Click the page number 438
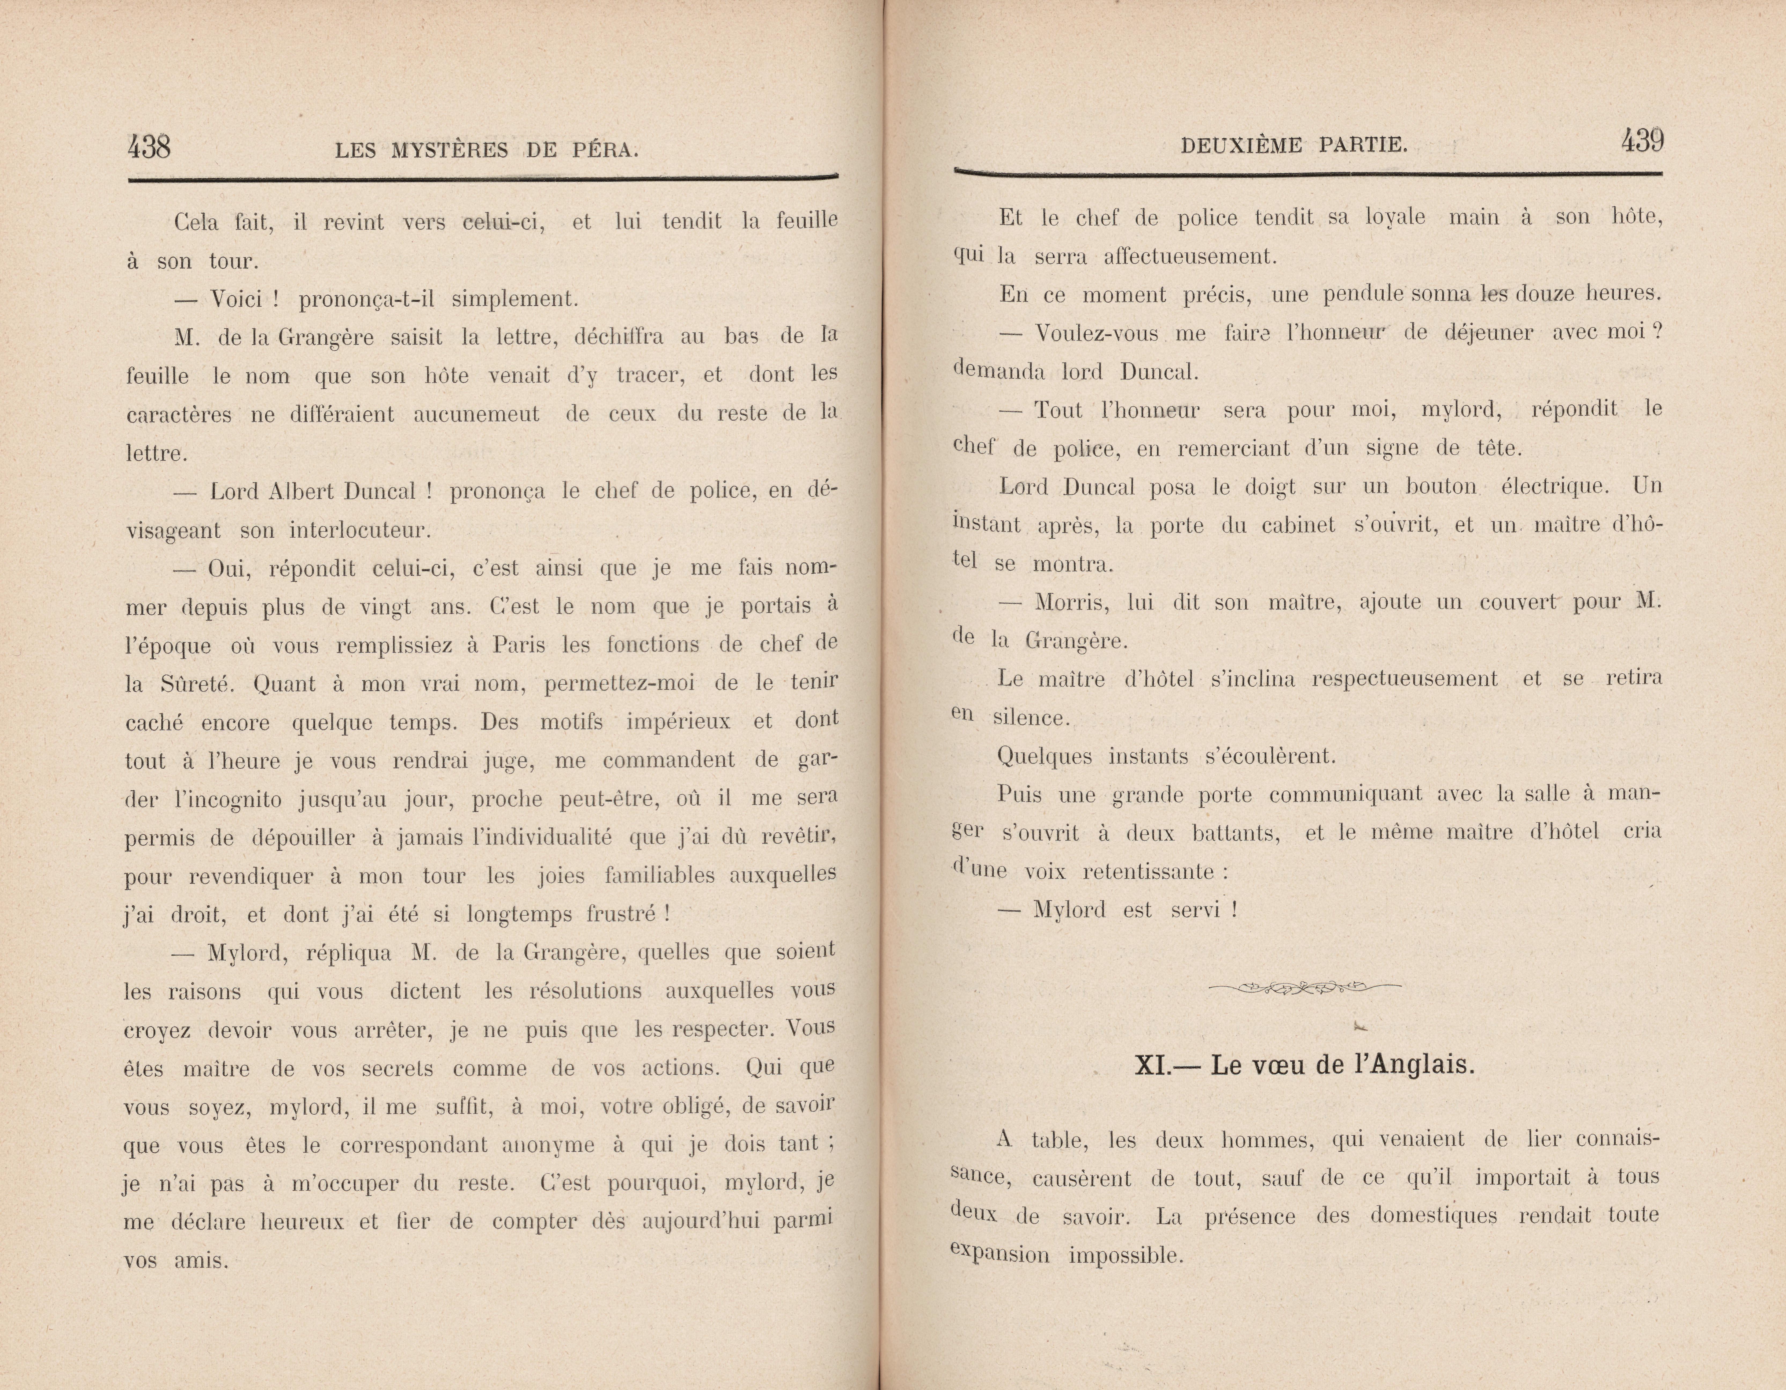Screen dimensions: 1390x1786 tap(149, 147)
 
